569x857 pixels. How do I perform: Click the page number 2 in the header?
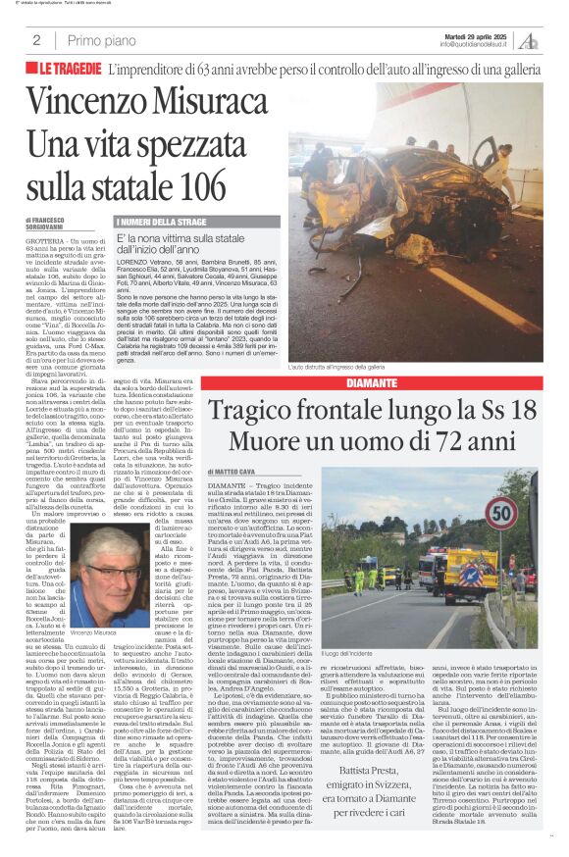point(35,40)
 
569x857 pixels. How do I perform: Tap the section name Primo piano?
point(101,40)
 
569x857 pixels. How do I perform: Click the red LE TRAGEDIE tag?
point(71,69)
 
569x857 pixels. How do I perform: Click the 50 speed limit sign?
point(502,511)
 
